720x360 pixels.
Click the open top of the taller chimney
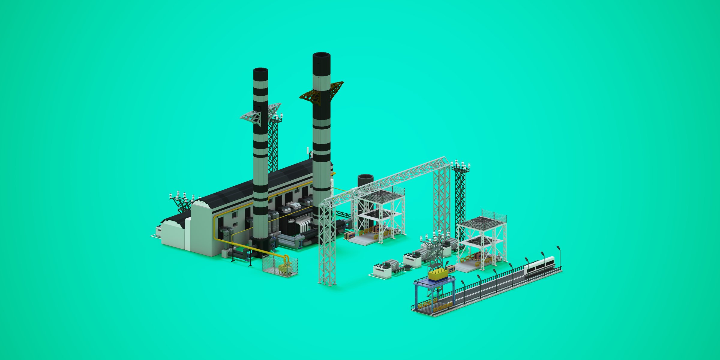321,56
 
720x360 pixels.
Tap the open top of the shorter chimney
260,70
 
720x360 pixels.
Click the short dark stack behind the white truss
365,180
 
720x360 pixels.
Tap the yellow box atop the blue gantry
438,274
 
